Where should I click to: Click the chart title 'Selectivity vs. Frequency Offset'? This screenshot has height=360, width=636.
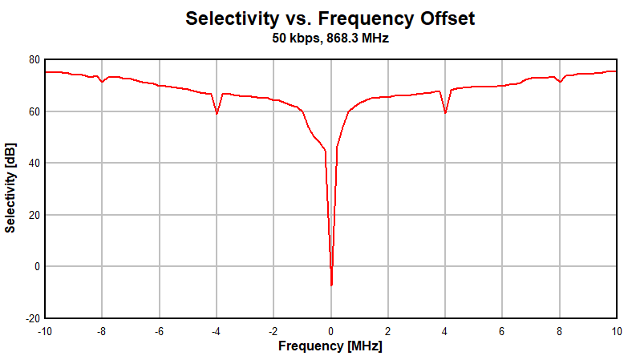coord(330,18)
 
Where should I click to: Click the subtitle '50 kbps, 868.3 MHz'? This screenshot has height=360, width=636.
coord(330,38)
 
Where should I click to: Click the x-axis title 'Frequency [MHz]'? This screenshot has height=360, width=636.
coord(330,346)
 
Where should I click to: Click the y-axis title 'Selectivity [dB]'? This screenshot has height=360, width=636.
coord(10,188)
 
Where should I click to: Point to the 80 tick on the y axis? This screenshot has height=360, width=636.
coord(34,59)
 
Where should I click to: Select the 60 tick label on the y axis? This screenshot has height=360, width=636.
coord(34,111)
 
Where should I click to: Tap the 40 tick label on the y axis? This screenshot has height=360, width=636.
coord(34,163)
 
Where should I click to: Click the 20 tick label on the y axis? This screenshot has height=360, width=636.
coord(34,215)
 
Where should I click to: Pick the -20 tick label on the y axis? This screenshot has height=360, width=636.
coord(31,318)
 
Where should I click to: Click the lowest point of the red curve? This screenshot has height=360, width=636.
coord(331,285)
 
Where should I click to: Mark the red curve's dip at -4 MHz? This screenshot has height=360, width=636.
coord(217,113)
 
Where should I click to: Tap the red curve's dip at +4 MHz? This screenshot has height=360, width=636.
coord(445,112)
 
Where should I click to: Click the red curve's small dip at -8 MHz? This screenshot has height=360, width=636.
coord(102,82)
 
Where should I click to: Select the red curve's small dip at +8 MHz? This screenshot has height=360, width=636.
coord(561,82)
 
